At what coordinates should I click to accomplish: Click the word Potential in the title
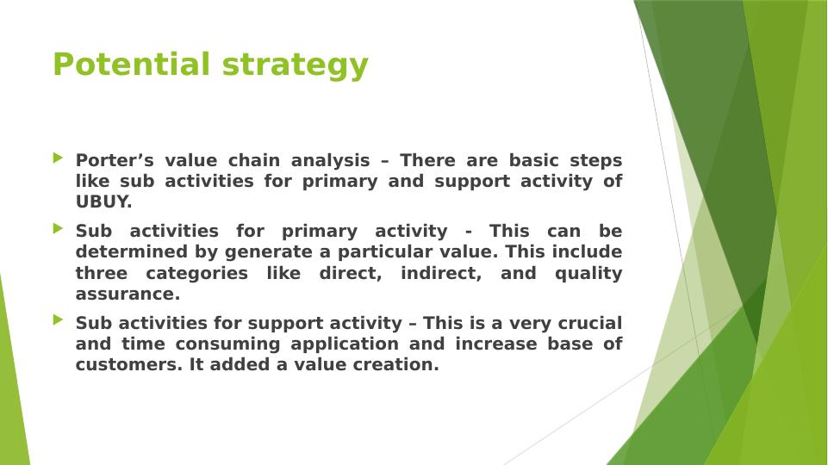[132, 65]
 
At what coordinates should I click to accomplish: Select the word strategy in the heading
[295, 66]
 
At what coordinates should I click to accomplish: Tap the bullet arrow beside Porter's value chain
[58, 158]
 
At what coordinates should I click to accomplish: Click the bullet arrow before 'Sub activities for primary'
[58, 228]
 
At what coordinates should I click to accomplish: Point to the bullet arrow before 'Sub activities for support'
[58, 319]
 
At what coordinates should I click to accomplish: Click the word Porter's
[115, 160]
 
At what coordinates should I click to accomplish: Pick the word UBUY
[103, 201]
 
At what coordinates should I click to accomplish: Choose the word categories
[196, 274]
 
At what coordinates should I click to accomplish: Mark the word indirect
[441, 274]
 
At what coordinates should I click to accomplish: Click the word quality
[588, 275]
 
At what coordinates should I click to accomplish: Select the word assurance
[128, 294]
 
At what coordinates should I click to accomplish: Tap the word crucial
[590, 323]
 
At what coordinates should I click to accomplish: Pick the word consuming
[227, 344]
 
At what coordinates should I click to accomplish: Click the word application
[345, 344]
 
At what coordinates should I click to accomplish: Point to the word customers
[130, 365]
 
